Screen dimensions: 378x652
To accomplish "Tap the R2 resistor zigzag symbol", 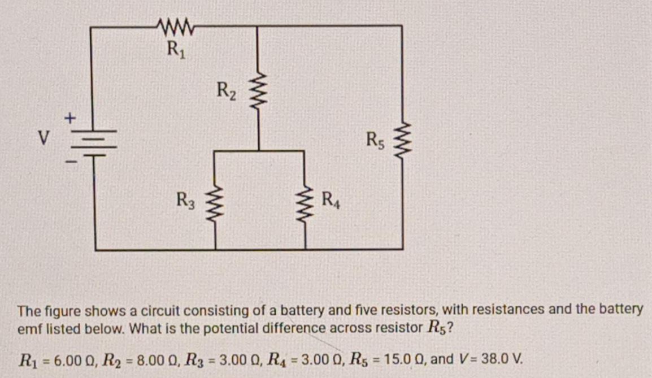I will pos(258,92).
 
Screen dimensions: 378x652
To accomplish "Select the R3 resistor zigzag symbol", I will pos(215,200).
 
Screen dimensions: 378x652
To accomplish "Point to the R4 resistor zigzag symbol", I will pos(306,200).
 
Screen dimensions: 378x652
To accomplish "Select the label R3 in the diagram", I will pos(185,199).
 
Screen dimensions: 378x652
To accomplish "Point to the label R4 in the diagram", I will pos(331,199).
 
